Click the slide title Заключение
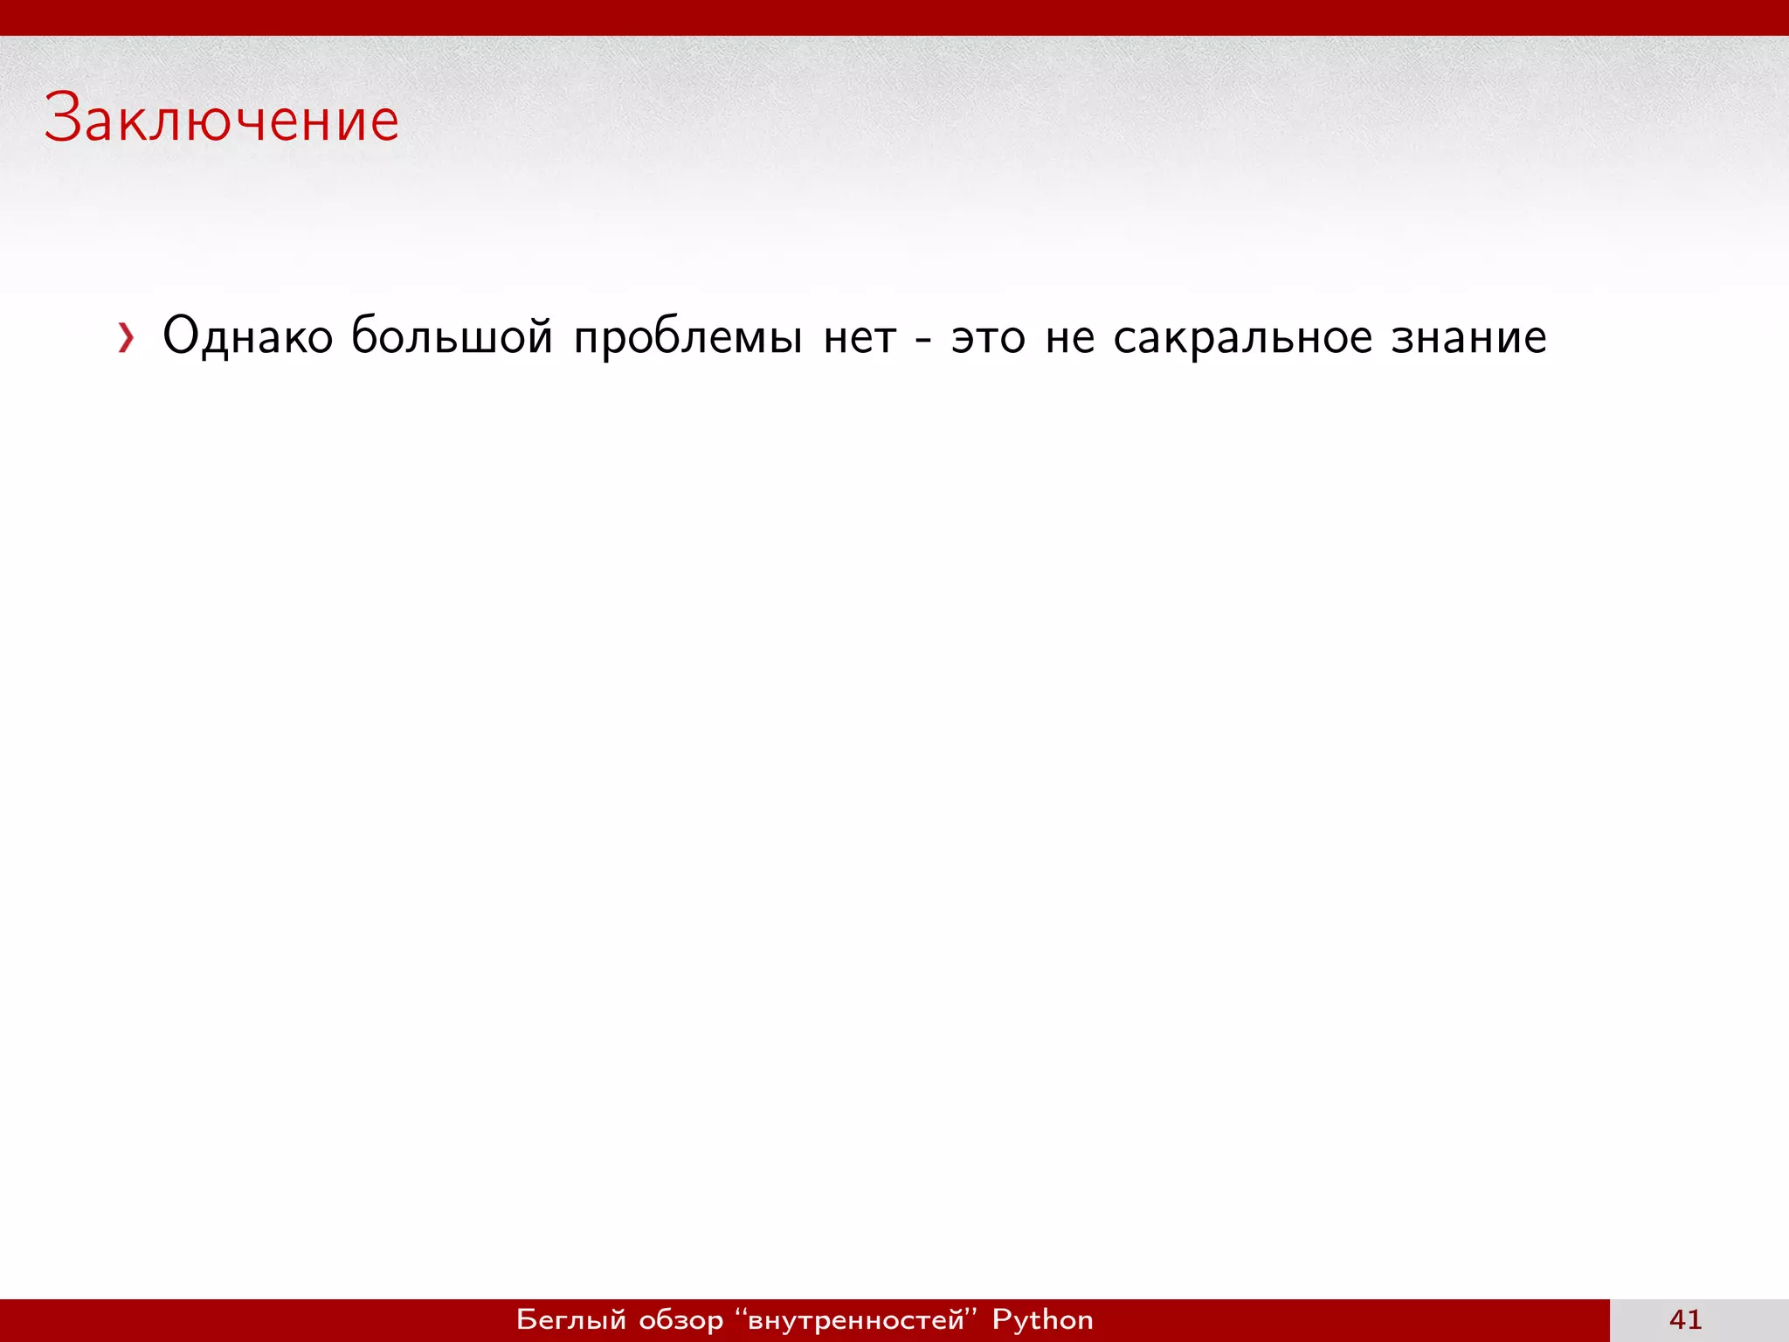click(x=222, y=119)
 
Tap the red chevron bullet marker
click(x=127, y=338)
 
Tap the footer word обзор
click(x=681, y=1320)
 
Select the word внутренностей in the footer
click(x=856, y=1320)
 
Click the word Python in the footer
click(x=1043, y=1319)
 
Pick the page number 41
click(x=1685, y=1319)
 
